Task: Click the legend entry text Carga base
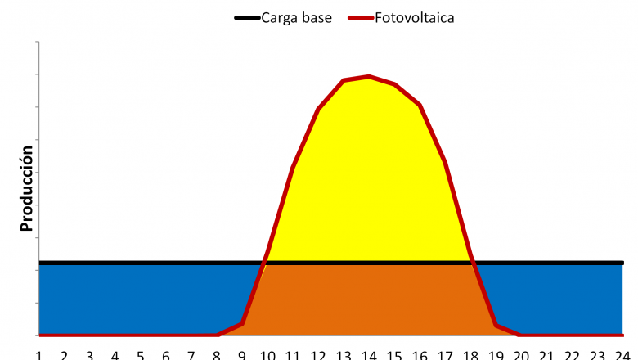coord(296,16)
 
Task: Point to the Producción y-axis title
coord(26,188)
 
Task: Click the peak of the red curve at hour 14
coord(370,76)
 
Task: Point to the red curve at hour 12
coord(318,109)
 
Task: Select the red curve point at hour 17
coord(445,162)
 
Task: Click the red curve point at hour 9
coord(242,324)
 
